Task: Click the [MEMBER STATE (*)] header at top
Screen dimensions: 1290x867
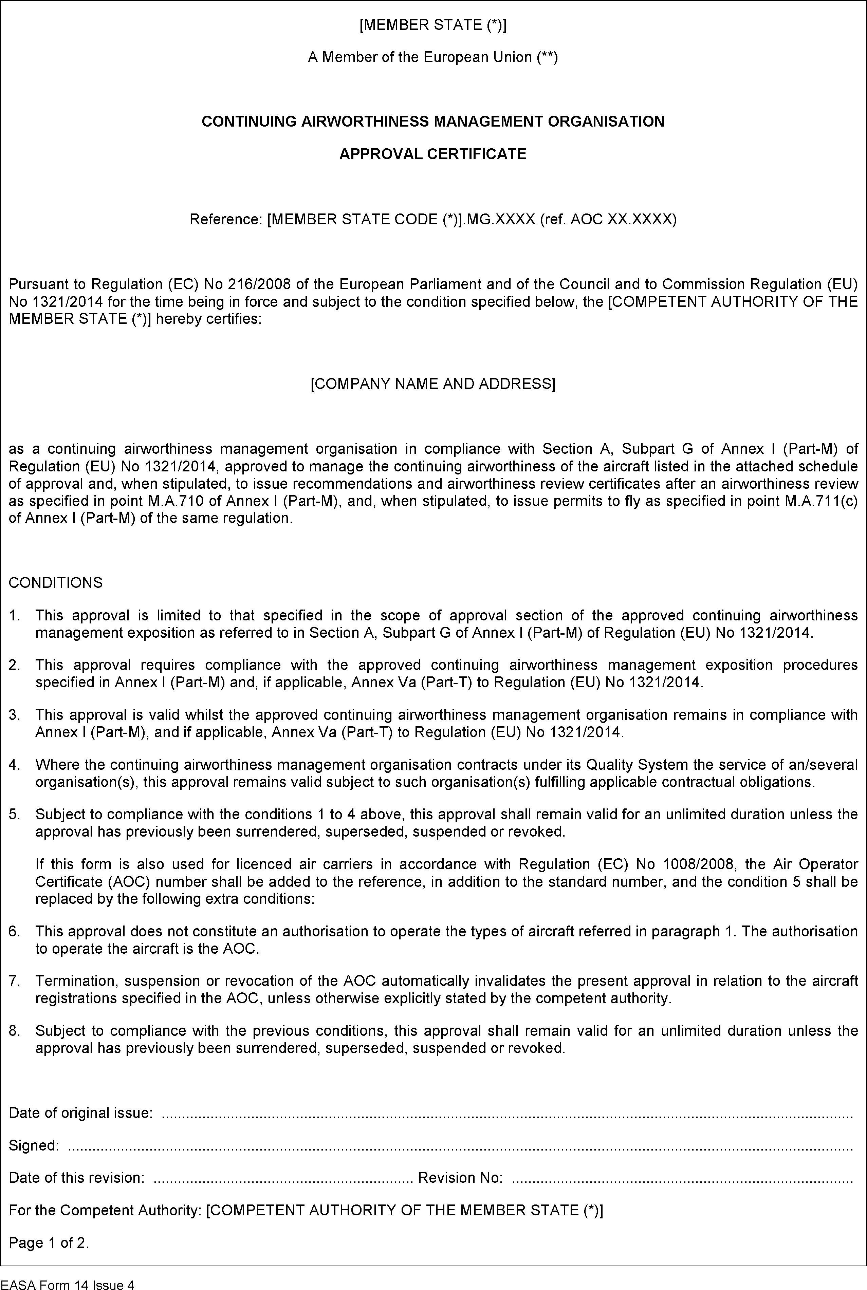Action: pos(432,25)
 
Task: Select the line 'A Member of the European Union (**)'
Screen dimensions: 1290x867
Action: pos(432,57)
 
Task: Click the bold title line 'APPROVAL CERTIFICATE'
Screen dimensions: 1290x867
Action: pos(432,154)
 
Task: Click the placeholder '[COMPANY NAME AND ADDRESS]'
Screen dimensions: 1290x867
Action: pos(432,384)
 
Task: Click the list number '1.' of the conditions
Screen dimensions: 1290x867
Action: pos(15,615)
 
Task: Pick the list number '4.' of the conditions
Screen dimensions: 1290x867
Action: pos(15,765)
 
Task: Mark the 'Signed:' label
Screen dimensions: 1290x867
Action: pos(34,1146)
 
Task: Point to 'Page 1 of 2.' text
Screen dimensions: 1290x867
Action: pos(49,1243)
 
